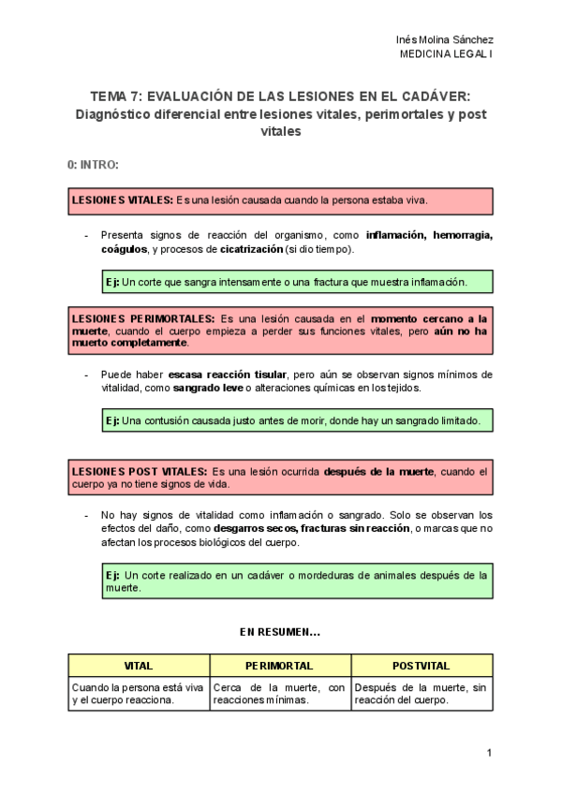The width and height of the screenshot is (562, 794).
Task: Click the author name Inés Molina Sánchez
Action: point(445,40)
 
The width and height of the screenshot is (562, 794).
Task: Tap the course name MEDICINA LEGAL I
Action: point(446,54)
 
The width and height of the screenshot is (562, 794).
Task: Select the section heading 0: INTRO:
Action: point(93,165)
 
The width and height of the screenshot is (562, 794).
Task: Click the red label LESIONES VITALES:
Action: point(122,200)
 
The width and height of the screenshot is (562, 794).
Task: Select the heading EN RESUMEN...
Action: point(280,633)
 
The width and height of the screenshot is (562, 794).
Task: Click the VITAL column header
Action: point(139,666)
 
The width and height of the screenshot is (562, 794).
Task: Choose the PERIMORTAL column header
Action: point(279,666)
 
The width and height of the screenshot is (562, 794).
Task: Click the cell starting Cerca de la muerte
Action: point(279,694)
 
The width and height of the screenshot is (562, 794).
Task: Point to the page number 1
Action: point(489,754)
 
